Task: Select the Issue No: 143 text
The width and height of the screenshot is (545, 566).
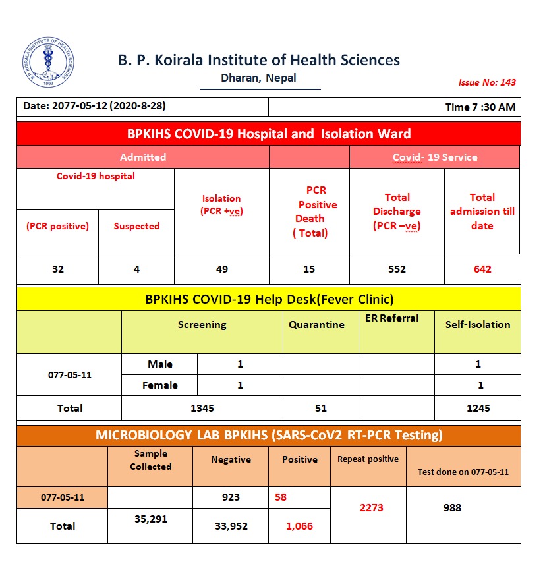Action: (x=487, y=82)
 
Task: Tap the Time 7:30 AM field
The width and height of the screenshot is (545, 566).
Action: (x=480, y=107)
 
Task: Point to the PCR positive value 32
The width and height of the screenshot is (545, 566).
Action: (x=58, y=269)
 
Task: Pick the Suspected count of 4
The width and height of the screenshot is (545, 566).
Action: (x=136, y=269)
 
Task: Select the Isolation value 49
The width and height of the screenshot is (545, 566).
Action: (x=221, y=269)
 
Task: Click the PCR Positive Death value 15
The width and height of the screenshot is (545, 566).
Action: (x=309, y=269)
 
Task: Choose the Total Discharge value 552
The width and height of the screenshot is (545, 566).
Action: (x=397, y=269)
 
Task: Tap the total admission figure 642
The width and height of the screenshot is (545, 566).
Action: (x=482, y=269)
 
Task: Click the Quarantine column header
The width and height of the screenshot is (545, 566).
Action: (x=317, y=324)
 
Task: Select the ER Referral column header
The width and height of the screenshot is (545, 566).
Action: (x=391, y=318)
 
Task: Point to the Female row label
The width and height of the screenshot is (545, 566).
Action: (x=160, y=385)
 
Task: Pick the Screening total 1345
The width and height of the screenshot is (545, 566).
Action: (x=202, y=408)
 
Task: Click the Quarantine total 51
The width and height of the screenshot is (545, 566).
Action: (x=321, y=408)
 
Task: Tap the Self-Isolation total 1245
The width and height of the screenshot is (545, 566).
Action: (x=478, y=408)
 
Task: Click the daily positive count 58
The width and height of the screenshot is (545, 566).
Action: (x=281, y=497)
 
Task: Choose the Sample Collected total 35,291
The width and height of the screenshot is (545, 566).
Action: (x=150, y=519)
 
